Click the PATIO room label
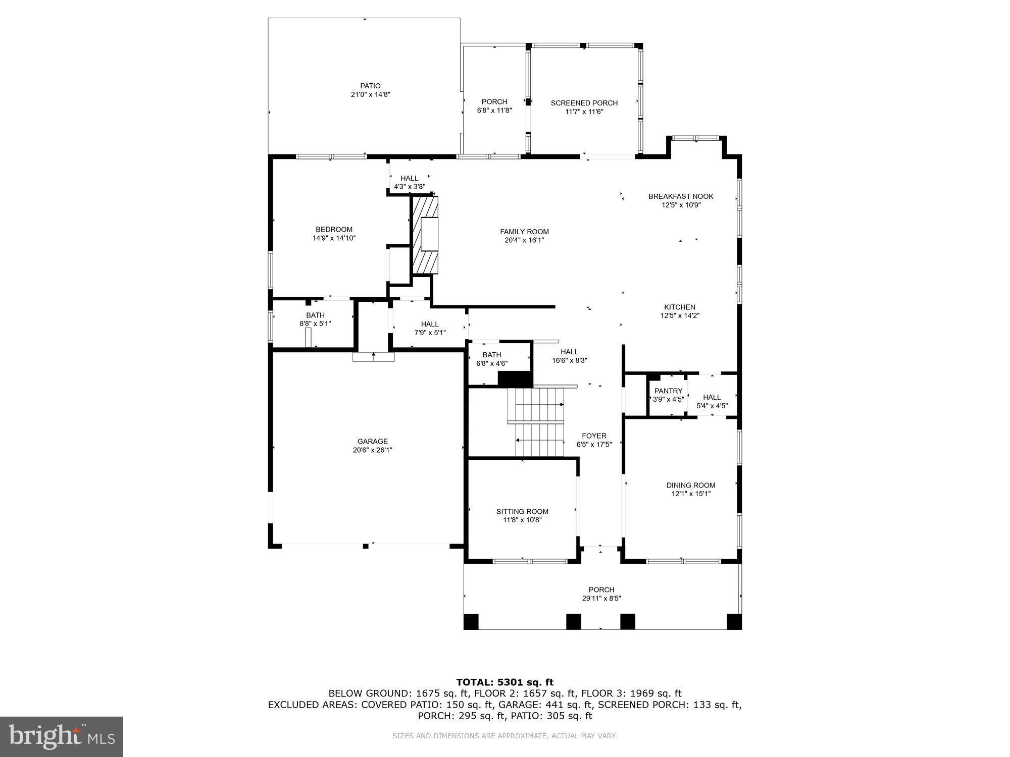pos(370,86)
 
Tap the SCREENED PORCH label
pos(584,103)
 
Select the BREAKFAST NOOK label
pos(681,196)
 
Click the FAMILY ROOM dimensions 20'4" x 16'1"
pos(524,240)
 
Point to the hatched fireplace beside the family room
pos(425,235)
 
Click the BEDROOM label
pos(334,229)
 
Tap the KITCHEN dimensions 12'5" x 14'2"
pos(680,315)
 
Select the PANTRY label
pos(668,391)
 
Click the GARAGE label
pos(373,441)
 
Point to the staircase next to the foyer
pos(538,421)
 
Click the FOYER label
pos(594,436)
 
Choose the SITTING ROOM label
pos(522,511)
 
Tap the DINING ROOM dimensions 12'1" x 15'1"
pos(690,494)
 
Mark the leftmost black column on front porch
pos(471,621)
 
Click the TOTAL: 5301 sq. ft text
pos(504,682)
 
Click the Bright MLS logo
pos(62,737)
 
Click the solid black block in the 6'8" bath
pos(515,379)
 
